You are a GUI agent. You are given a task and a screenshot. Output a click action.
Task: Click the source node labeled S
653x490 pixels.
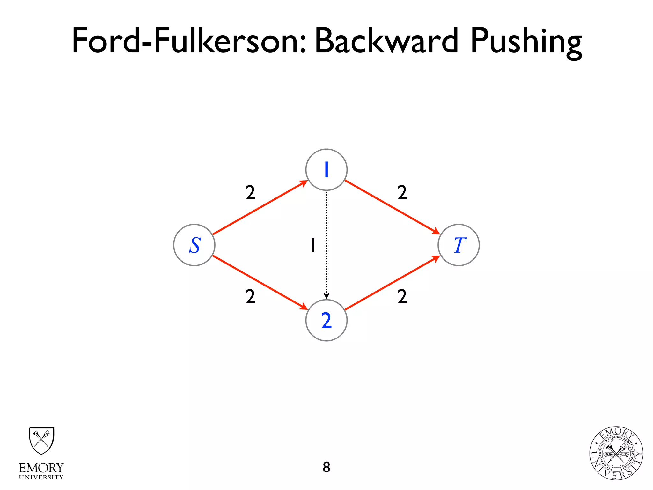(x=194, y=245)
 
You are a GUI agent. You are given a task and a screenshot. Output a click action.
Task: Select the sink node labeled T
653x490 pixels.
(x=459, y=245)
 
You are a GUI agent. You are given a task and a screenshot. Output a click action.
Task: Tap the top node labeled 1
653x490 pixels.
(x=326, y=170)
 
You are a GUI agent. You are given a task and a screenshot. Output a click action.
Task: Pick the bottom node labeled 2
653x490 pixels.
(x=326, y=320)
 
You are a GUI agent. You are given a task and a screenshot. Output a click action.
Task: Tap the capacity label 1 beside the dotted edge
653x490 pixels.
(x=313, y=245)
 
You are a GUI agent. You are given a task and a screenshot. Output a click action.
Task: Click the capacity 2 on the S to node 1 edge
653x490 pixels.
(x=251, y=193)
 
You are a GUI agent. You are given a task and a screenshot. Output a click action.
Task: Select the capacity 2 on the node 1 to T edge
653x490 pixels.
(x=402, y=193)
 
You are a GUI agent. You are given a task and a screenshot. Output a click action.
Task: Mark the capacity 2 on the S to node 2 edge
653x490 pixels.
(x=251, y=297)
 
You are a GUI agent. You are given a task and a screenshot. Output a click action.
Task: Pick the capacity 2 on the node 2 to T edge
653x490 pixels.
(x=402, y=297)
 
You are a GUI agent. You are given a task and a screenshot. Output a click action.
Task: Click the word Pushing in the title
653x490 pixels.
(x=526, y=41)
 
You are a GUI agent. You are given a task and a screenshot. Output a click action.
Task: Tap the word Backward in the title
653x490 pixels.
(x=386, y=41)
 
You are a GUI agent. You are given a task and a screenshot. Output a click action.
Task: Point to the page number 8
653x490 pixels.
(x=326, y=467)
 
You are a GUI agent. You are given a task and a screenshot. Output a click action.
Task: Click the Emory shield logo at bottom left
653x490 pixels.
(x=41, y=441)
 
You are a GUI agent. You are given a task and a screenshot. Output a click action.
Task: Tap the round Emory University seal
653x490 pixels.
(x=616, y=453)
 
